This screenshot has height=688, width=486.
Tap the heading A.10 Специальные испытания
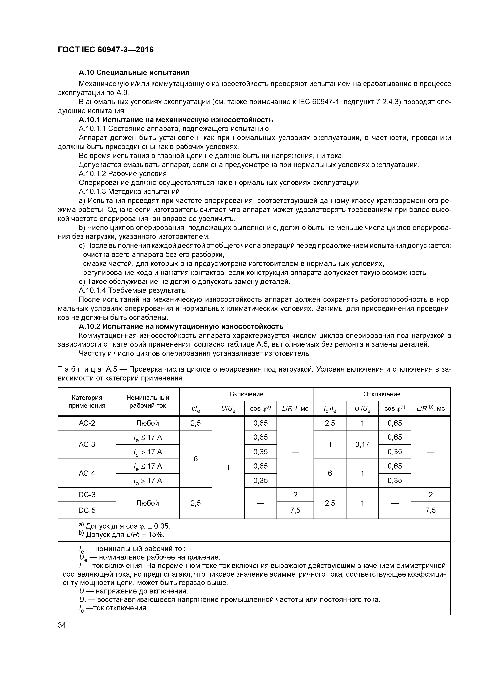pyautogui.click(x=134, y=73)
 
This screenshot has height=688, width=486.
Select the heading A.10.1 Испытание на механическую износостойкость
pyautogui.click(x=176, y=120)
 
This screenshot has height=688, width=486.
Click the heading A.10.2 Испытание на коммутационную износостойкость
pyautogui.click(x=181, y=326)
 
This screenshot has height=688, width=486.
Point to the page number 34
pyautogui.click(x=62, y=625)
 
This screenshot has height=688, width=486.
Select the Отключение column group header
pyautogui.click(x=382, y=394)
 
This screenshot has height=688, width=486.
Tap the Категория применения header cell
pyautogui.click(x=87, y=401)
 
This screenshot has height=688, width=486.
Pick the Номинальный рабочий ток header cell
pyautogui.click(x=148, y=401)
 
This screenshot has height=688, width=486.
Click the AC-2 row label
pyautogui.click(x=87, y=423)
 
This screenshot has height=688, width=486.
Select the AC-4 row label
pyautogui.click(x=87, y=473)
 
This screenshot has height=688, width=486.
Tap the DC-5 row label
pyautogui.click(x=87, y=510)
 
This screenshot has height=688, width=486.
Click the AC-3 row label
pyautogui.click(x=87, y=444)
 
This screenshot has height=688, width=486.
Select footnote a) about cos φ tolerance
pyautogui.click(x=124, y=526)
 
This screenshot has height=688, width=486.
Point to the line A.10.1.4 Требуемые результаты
pyautogui.click(x=132, y=290)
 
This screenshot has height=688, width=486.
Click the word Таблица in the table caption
pyautogui.click(x=78, y=369)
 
